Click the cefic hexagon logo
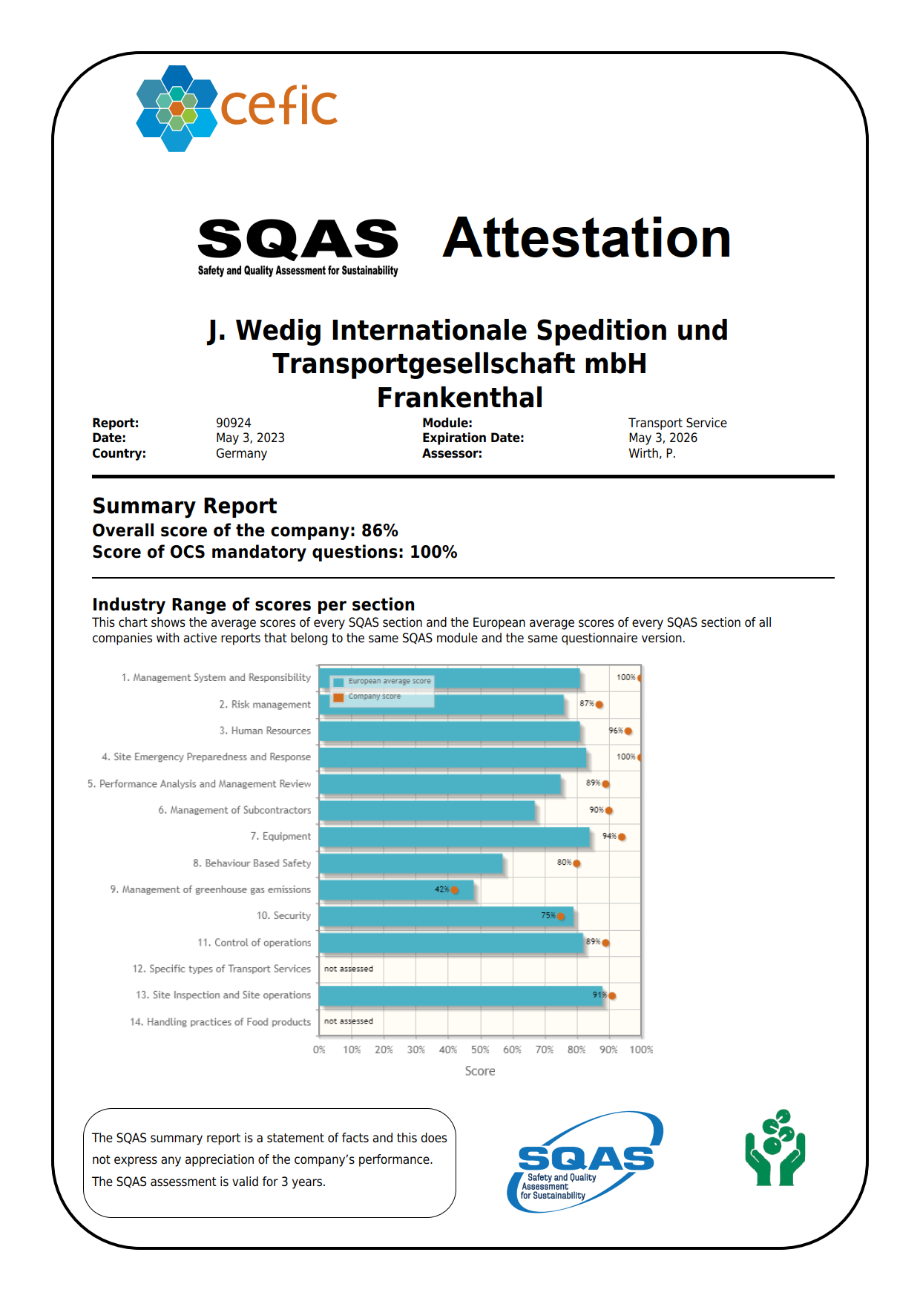click(177, 108)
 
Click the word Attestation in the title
click(586, 239)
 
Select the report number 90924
click(233, 423)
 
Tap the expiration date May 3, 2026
click(663, 438)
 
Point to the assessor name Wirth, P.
click(651, 453)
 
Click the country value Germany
click(241, 453)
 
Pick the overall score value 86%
click(379, 530)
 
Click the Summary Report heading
click(184, 506)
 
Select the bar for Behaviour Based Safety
click(410, 863)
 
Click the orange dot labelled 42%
click(455, 890)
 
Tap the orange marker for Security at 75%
click(561, 917)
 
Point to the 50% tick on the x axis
click(480, 1050)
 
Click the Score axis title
click(480, 1071)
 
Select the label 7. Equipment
click(280, 836)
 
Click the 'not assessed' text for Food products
click(349, 1021)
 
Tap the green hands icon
click(775, 1147)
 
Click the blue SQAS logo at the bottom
click(585, 1162)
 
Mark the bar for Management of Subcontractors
click(427, 811)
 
